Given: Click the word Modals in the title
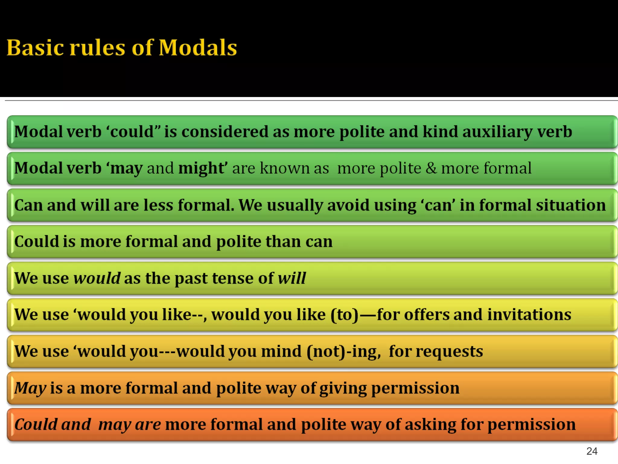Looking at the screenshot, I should click(x=198, y=48).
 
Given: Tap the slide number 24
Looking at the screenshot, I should click(x=592, y=451).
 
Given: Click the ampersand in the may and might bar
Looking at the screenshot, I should click(x=431, y=168).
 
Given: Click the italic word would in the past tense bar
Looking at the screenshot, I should click(x=97, y=278).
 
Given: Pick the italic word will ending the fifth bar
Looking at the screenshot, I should click(x=291, y=278).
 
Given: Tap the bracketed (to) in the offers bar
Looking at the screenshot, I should click(x=344, y=315).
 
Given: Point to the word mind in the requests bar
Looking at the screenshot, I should click(x=281, y=351).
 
